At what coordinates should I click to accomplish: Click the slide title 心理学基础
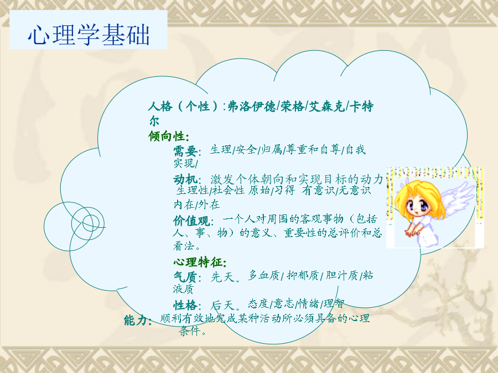pos(89,34)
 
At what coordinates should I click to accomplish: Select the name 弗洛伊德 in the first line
pos(252,106)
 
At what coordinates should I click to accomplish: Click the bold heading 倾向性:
pos(169,136)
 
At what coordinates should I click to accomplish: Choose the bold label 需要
pos(185,151)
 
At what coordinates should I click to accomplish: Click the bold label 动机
pos(185,180)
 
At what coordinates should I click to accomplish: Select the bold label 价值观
pos(191,220)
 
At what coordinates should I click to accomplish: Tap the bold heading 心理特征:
pos(200,262)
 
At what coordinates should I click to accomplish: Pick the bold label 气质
pos(185,277)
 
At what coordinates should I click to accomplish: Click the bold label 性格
pos(185,305)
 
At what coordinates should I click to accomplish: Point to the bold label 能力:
pos(138,320)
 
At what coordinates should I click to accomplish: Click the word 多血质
pos(264,275)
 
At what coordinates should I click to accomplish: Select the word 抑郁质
pos(303,275)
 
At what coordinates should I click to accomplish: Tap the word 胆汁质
pos(342,275)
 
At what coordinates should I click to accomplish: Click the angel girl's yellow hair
pos(419,193)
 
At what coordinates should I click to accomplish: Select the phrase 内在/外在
pos(196,204)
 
